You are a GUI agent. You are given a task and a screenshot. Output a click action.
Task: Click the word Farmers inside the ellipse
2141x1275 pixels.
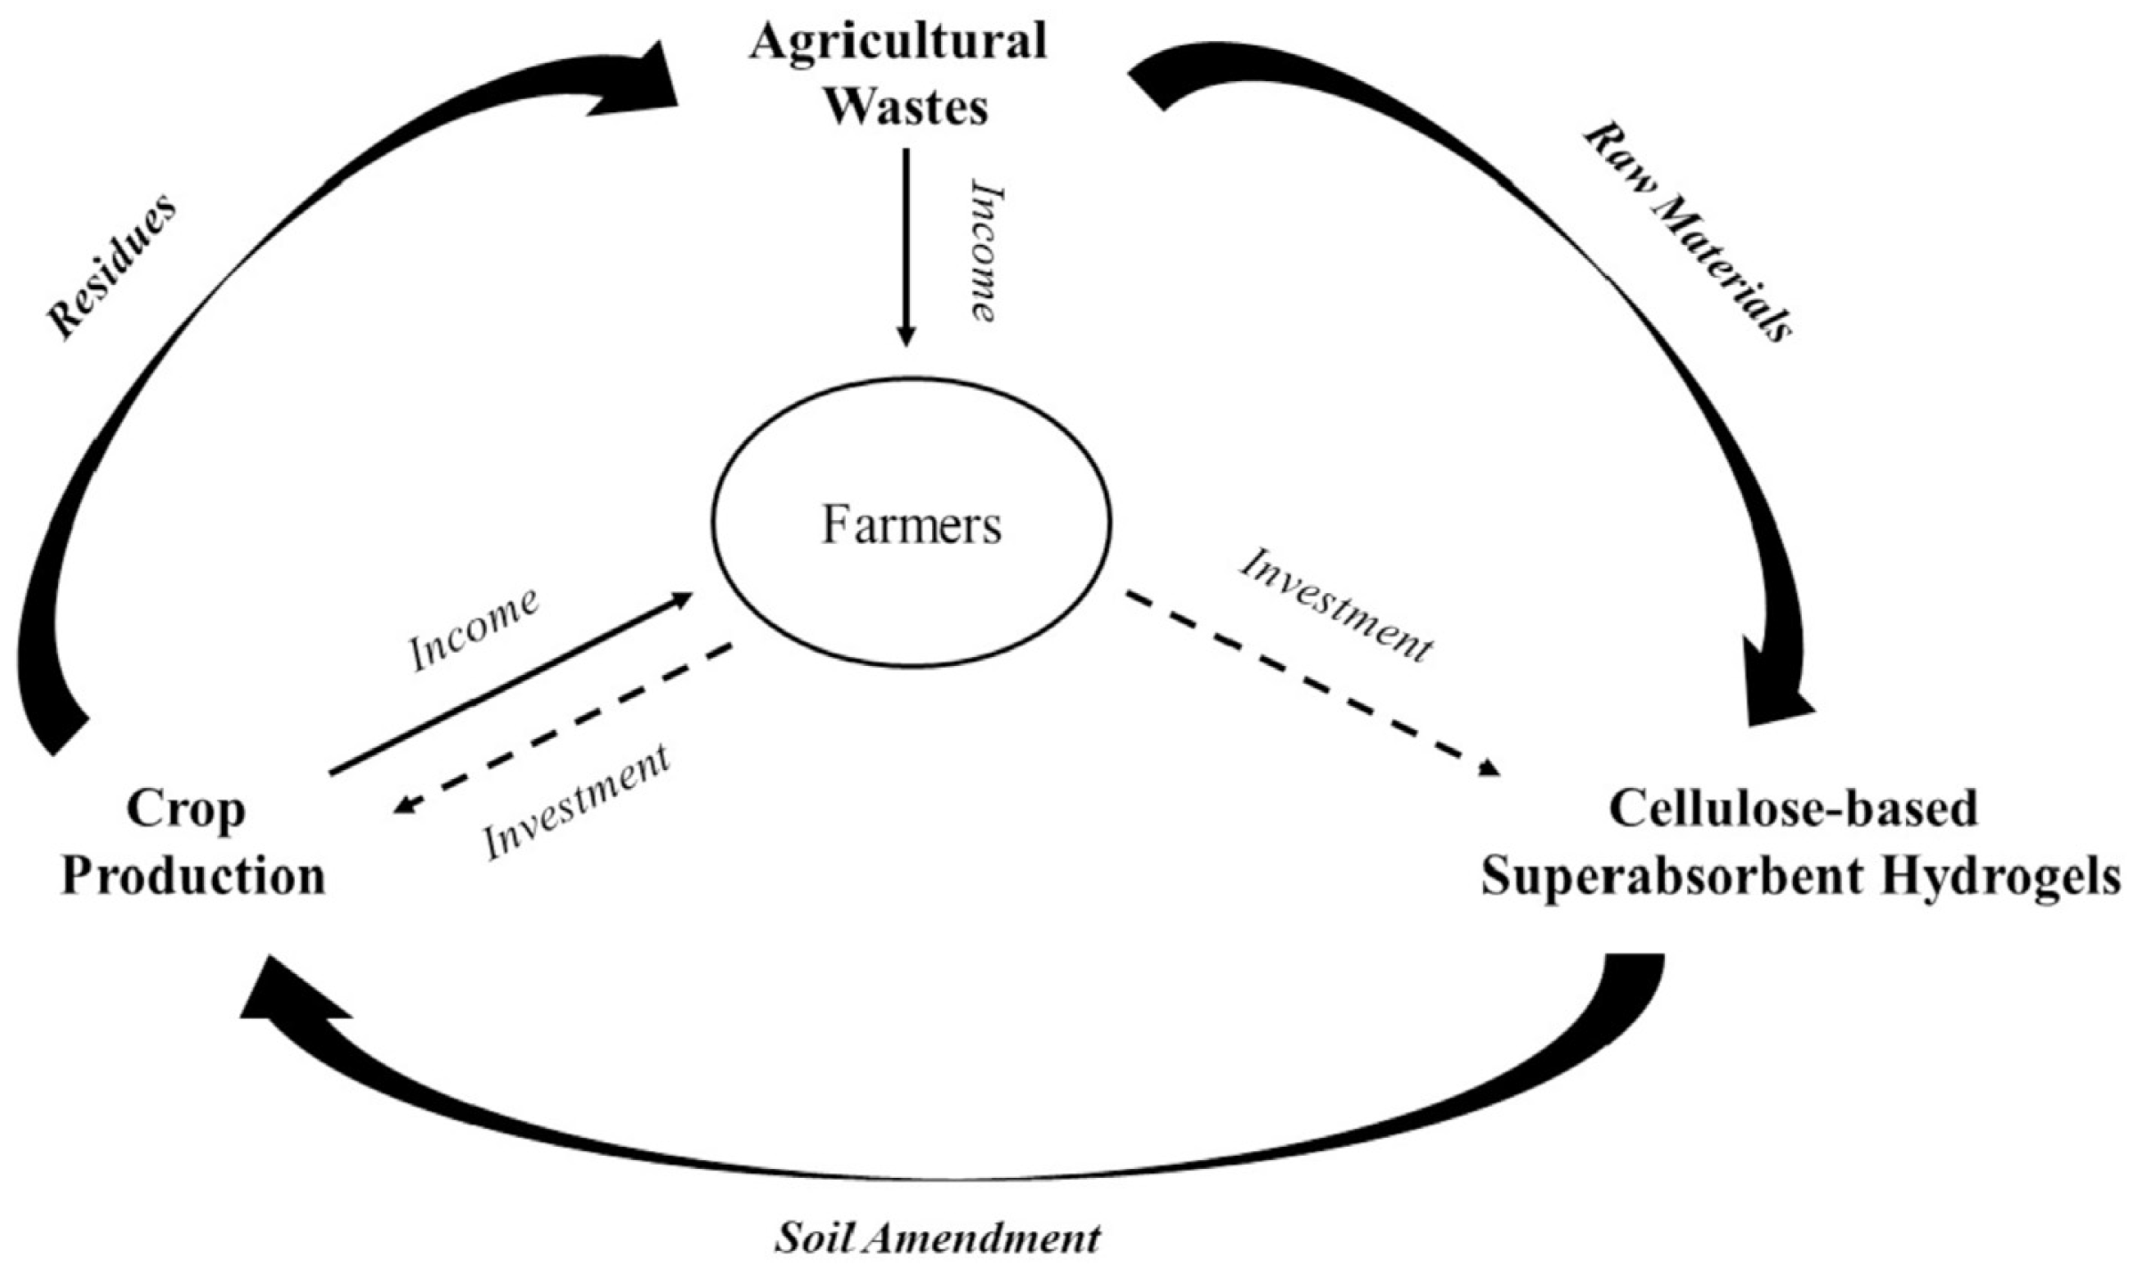pos(911,526)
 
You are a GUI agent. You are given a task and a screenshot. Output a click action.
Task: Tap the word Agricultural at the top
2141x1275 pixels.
pos(897,43)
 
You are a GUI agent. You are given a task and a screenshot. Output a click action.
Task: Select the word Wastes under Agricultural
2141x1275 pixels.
pos(907,109)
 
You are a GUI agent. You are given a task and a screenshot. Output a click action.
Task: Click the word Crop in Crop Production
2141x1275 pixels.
pos(185,811)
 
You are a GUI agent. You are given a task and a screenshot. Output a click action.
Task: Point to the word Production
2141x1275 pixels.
pos(193,877)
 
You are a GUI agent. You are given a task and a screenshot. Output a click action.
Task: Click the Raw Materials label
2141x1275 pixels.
pos(1687,233)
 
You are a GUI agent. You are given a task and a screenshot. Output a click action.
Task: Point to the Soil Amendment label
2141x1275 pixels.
pos(937,1238)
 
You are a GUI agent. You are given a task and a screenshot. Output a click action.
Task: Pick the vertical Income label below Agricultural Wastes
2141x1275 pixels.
pos(982,251)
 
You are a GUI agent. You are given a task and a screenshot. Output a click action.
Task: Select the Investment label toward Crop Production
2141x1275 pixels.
pos(576,801)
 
